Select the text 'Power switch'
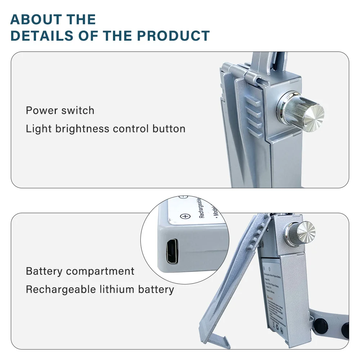click(x=60, y=111)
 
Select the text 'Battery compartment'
click(x=80, y=271)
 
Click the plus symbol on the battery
click(x=185, y=216)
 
